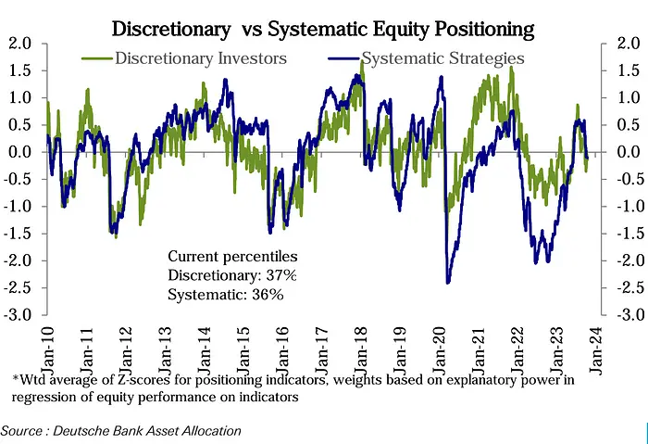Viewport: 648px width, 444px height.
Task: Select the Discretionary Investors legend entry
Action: (199, 57)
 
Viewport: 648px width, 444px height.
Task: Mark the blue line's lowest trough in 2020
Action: (448, 282)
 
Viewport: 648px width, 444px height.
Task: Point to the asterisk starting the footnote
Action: (16, 376)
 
